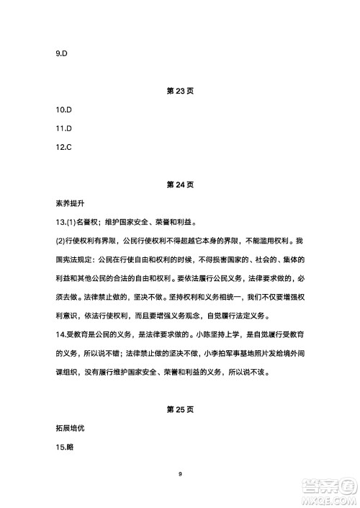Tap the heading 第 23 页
[179, 92]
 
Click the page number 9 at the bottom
[180, 473]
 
